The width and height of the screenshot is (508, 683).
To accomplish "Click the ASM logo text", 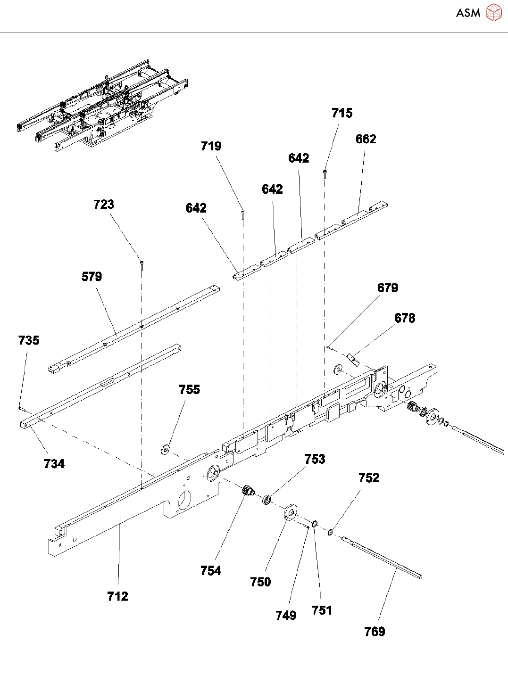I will point(468,13).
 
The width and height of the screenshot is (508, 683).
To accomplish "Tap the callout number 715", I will point(341,113).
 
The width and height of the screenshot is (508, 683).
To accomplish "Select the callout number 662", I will point(366,139).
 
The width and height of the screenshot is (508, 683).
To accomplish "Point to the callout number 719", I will point(211,146).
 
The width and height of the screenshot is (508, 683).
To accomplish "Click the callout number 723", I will point(104,204).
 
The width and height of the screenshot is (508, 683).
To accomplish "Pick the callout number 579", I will point(92,277).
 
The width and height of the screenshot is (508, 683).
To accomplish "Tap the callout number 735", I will point(29,340).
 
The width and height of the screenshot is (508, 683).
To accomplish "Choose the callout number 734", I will point(54,464).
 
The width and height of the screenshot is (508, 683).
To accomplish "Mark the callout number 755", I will point(189,389).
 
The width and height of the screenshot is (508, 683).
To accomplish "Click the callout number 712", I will point(117,596).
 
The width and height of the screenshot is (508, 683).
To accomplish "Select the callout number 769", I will point(375,632).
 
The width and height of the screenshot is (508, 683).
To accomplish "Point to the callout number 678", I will point(405,318).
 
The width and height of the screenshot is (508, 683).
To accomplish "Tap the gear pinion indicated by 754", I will point(248,491).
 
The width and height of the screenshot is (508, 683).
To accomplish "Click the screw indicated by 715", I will point(325,173).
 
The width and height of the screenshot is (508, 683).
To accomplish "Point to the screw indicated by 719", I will point(242,214).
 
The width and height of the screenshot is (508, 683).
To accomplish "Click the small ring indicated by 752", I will point(331,533).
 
